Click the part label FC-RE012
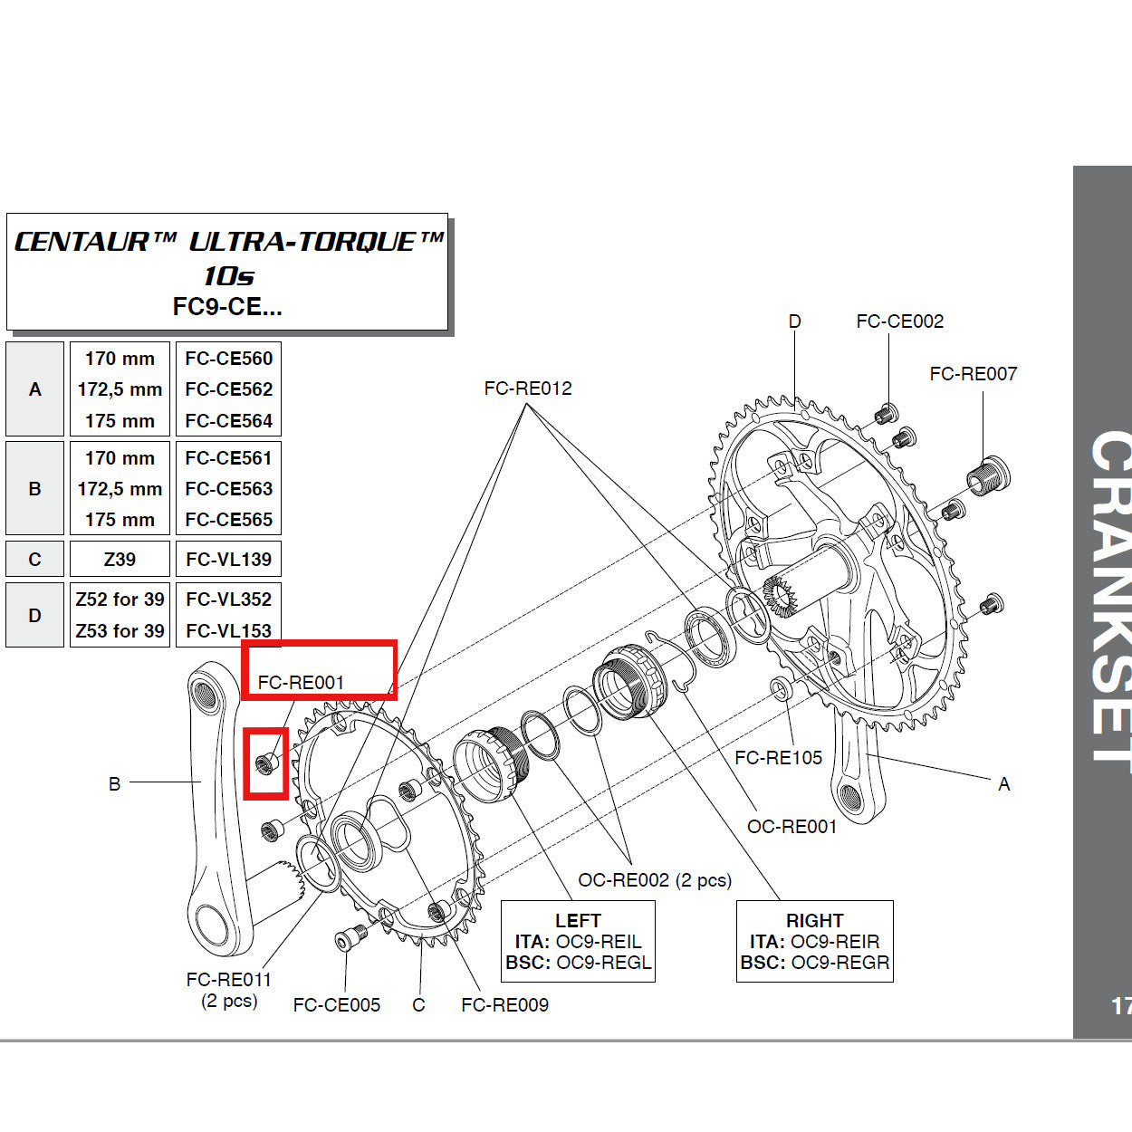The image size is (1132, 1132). [x=528, y=389]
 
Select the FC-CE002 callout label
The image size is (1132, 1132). [x=899, y=321]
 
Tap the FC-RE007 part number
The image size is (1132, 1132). [x=973, y=374]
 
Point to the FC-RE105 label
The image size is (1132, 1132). [x=778, y=758]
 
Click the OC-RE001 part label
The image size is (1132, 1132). [x=791, y=826]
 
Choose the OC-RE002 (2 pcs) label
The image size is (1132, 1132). [x=654, y=880]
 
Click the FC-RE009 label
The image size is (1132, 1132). [x=504, y=1004]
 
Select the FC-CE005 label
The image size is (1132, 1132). [x=336, y=1004]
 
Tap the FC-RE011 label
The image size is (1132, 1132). [x=228, y=980]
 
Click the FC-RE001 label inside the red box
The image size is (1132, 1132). [x=301, y=683]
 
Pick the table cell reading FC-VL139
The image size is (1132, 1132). [x=228, y=560]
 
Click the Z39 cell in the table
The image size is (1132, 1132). [x=120, y=560]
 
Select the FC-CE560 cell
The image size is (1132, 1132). [x=228, y=359]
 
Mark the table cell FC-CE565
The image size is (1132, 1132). [x=228, y=520]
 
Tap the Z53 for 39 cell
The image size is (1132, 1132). [x=120, y=630]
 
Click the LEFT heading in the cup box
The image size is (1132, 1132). [x=578, y=920]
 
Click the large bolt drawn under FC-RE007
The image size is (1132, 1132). [x=988, y=475]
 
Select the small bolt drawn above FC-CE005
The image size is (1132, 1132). [x=350, y=939]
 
